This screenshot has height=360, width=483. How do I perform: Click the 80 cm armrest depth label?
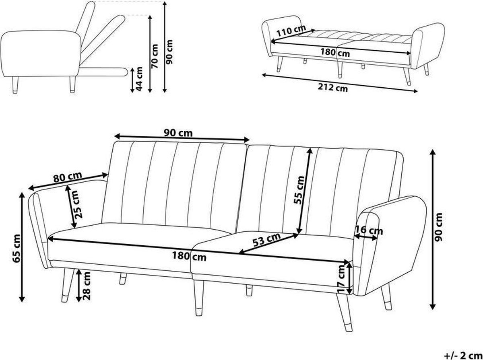tap(68, 177)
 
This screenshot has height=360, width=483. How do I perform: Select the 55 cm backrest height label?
tap(298, 190)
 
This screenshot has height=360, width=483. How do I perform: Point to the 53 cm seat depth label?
tap(267, 239)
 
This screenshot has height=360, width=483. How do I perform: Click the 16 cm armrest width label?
tap(369, 230)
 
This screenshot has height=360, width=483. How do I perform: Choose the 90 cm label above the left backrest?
tap(179, 132)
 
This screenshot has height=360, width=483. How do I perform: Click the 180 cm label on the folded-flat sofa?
tap(335, 52)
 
